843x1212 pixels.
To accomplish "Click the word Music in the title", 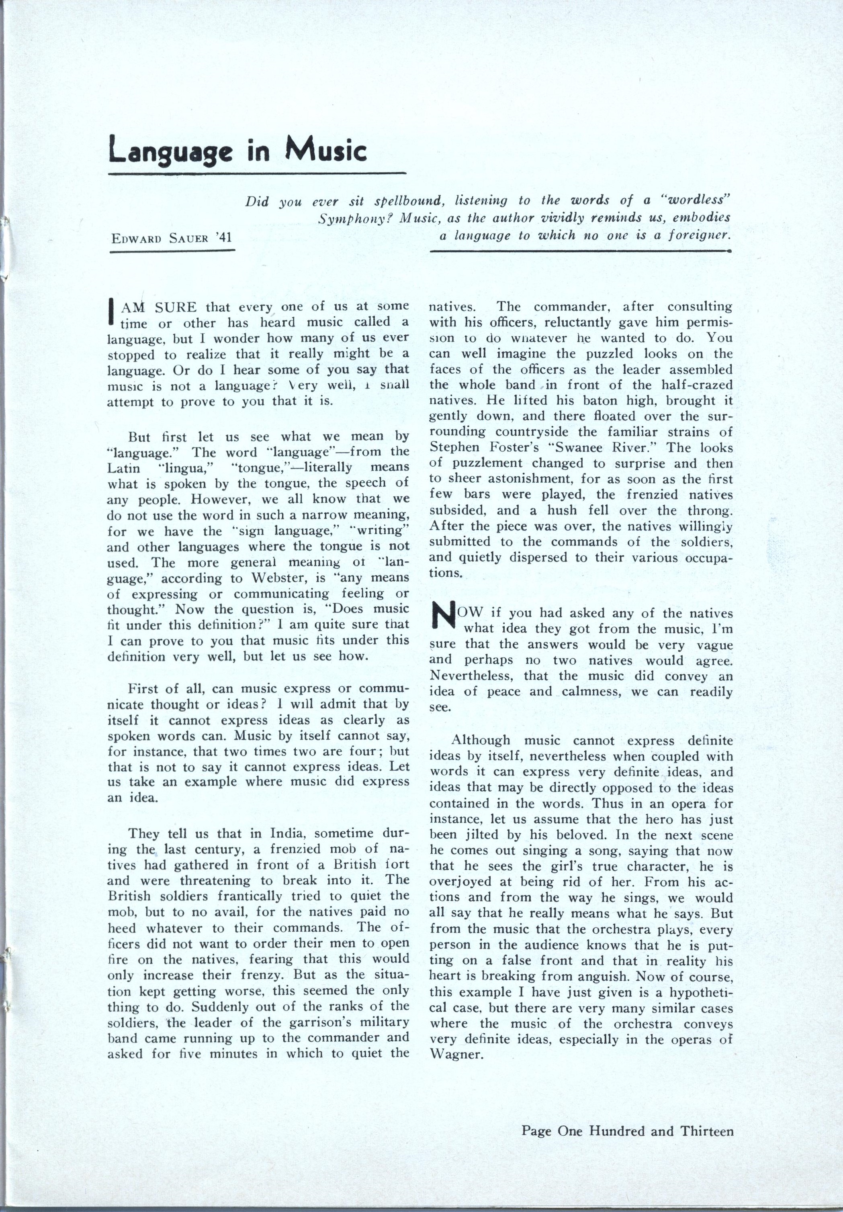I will click(325, 151).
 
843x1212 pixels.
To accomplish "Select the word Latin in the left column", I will click(124, 468).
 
